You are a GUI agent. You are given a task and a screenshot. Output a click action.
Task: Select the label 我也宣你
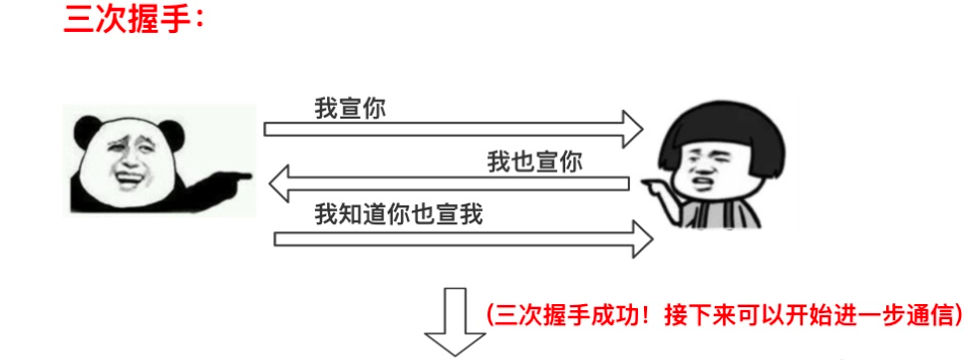point(534,162)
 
